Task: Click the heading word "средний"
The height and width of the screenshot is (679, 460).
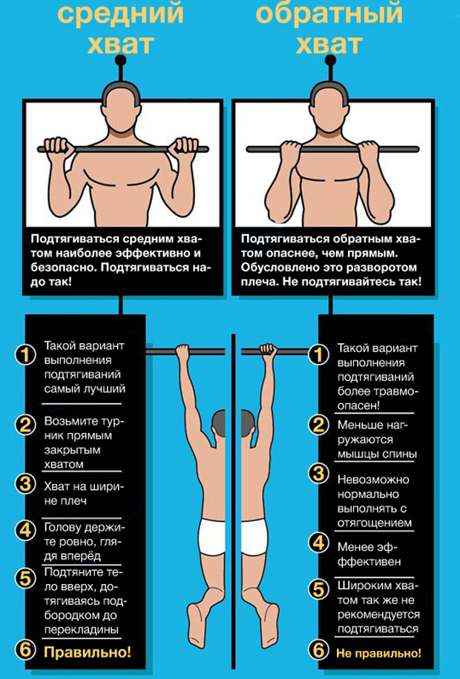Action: (x=120, y=13)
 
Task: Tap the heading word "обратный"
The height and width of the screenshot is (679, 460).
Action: (x=329, y=13)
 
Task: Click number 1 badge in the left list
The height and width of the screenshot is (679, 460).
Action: (x=25, y=355)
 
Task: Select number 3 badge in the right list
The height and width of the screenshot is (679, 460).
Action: (x=319, y=474)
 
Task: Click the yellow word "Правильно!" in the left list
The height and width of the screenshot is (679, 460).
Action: (x=88, y=652)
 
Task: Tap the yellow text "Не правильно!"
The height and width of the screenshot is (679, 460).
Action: (x=378, y=653)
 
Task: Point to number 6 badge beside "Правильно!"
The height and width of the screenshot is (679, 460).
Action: (x=25, y=649)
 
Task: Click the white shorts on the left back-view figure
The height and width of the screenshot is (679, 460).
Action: (x=211, y=537)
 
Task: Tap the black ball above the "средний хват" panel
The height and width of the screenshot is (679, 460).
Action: (x=120, y=60)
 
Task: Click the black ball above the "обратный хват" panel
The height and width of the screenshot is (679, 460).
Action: (x=330, y=60)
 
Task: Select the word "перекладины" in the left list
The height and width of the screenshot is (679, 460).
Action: (x=82, y=629)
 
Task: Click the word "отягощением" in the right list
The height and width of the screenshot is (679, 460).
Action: (x=375, y=523)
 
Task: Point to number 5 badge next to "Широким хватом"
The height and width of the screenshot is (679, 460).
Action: (x=319, y=589)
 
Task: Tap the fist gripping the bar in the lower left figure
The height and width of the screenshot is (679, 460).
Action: (x=183, y=351)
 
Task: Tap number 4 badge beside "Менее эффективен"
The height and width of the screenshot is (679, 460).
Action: (x=319, y=543)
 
